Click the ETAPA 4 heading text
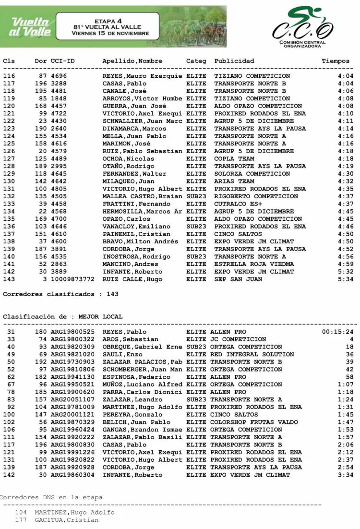coord(108,22)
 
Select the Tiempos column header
coord(336,61)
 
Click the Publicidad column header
coord(234,61)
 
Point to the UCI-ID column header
coord(62,61)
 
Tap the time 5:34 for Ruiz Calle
coord(345,279)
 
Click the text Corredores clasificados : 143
coord(60,294)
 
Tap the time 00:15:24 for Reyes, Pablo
coord(337,332)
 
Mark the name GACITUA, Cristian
coord(66,520)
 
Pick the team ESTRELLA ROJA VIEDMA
coord(254,264)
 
